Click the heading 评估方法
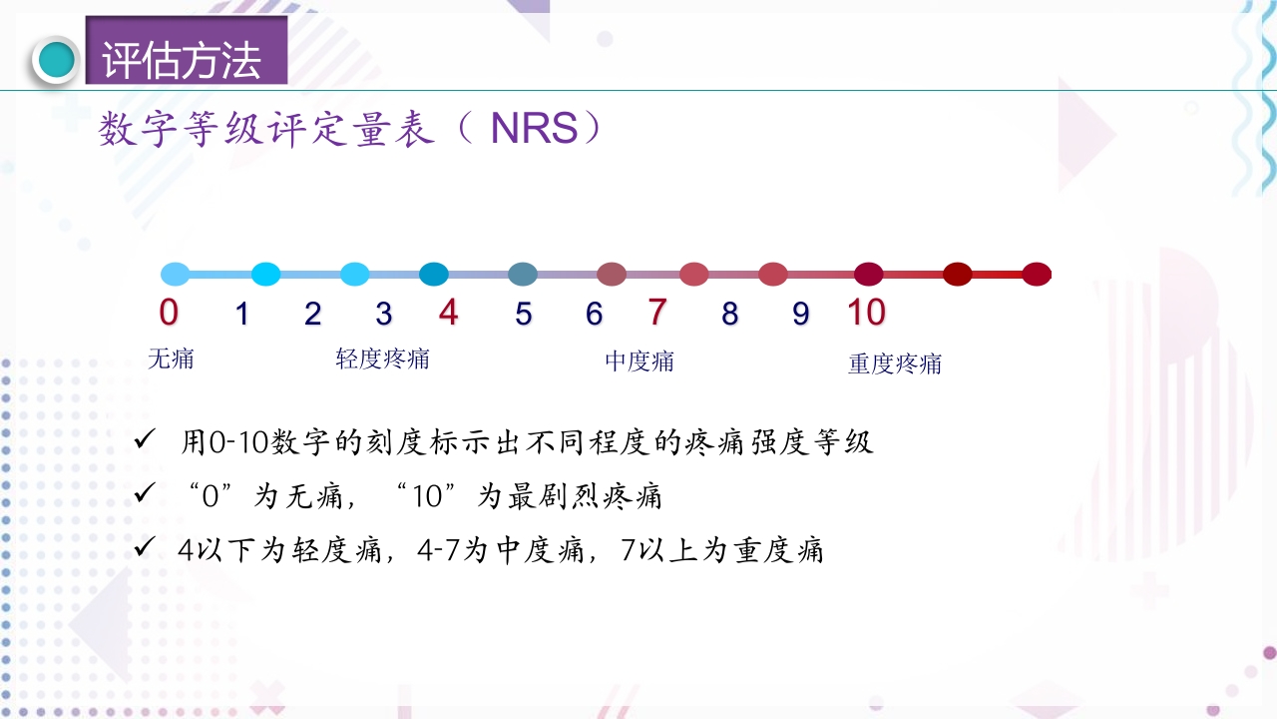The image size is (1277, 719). [182, 61]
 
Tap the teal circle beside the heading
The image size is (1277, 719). [56, 61]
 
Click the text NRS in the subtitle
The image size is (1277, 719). [534, 130]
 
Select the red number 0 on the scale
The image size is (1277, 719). [169, 313]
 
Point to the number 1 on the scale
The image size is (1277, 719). [241, 315]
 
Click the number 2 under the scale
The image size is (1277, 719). [313, 315]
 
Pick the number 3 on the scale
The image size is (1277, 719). [384, 315]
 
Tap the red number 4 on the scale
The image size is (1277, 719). [449, 313]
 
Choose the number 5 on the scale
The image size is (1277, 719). [524, 315]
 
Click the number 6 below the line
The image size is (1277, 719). [595, 315]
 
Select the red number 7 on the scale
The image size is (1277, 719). [656, 313]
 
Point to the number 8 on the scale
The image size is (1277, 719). [730, 315]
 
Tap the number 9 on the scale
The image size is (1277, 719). [801, 315]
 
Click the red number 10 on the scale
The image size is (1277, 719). [866, 313]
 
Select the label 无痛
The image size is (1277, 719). [171, 359]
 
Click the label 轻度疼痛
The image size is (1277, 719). [383, 359]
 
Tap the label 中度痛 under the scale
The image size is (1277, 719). [639, 361]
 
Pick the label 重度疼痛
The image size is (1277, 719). [895, 363]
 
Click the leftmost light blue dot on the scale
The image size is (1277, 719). [175, 275]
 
